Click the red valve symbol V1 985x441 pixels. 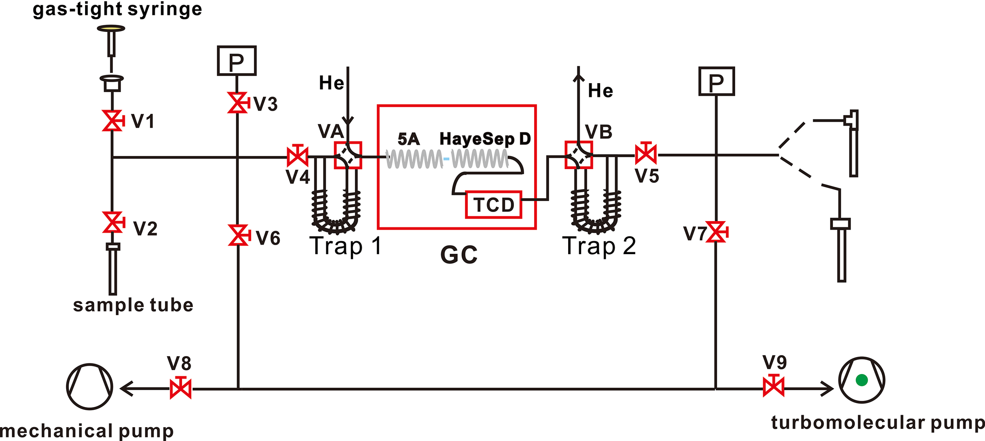(x=113, y=121)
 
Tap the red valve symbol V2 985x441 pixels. (x=113, y=222)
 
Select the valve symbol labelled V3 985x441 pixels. (x=238, y=103)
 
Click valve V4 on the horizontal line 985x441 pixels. (x=298, y=156)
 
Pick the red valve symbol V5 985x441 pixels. (x=646, y=154)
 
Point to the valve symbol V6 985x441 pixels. (x=238, y=235)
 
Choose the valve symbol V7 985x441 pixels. (x=716, y=232)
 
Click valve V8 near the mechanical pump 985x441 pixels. (x=181, y=389)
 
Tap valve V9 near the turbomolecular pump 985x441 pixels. (x=773, y=386)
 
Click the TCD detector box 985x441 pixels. (x=493, y=205)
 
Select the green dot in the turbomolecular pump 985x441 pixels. (x=862, y=380)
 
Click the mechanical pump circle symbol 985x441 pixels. (x=89, y=387)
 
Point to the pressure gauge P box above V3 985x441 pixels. (x=236, y=61)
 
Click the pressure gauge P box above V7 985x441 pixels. (x=716, y=82)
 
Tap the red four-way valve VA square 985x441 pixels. (x=348, y=155)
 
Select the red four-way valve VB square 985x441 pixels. (x=578, y=155)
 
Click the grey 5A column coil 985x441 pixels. (x=414, y=159)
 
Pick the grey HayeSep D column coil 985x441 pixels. (x=479, y=159)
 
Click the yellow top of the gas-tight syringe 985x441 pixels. (x=111, y=28)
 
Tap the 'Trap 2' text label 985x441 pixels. (x=599, y=246)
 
